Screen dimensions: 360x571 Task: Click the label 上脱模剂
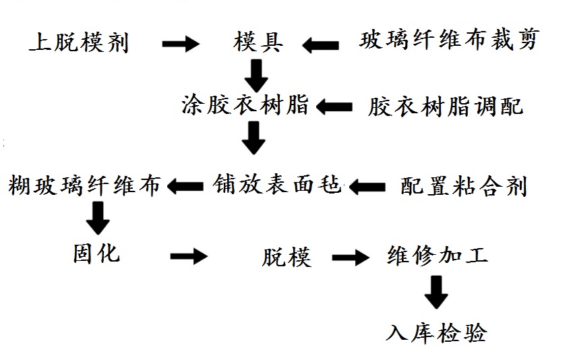click(x=79, y=43)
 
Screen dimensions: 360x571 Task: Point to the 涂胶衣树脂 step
click(x=245, y=105)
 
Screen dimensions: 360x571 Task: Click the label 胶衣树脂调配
click(x=446, y=107)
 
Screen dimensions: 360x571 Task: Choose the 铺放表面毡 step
click(x=278, y=183)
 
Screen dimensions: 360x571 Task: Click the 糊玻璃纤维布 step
click(x=85, y=185)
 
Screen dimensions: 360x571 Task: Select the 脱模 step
click(x=287, y=257)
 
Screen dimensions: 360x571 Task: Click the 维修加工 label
click(x=438, y=256)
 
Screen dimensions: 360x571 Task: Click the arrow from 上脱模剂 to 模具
click(x=181, y=44)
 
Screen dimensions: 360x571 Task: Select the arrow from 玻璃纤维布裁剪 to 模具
click(x=321, y=45)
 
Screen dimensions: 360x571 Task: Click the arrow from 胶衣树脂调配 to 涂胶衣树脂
click(x=335, y=107)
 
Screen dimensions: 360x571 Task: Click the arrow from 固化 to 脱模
click(x=189, y=256)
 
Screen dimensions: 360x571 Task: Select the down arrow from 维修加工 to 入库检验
click(x=436, y=293)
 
